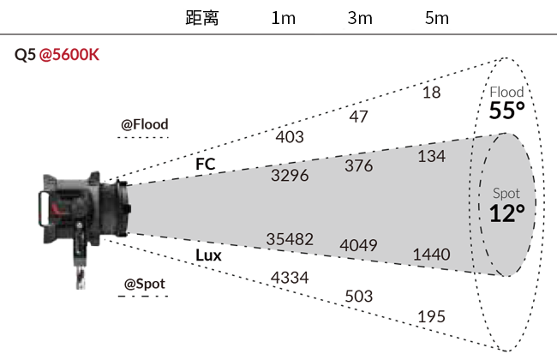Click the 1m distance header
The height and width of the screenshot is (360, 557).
point(283,18)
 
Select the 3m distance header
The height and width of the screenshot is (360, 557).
point(360,18)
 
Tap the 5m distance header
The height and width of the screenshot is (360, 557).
point(436,18)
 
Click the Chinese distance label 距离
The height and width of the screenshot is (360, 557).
point(202,18)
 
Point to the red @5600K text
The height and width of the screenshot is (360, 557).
point(69,55)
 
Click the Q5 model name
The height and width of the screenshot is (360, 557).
point(25,55)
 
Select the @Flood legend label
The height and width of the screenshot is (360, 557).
point(145,124)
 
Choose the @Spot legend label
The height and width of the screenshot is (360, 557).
point(145,284)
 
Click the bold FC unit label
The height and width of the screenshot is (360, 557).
point(206,165)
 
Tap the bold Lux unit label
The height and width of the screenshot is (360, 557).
point(208,255)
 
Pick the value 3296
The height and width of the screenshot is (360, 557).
point(290,176)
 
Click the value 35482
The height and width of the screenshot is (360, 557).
point(290,239)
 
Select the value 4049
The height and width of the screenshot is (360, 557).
point(358,245)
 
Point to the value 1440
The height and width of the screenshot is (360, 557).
point(432,255)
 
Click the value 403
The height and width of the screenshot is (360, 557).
point(290,137)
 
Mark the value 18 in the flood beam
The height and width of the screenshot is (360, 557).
point(432,93)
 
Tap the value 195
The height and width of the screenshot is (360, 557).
point(432,316)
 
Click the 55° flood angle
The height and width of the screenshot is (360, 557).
point(507,111)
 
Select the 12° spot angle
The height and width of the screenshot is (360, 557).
point(507,213)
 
